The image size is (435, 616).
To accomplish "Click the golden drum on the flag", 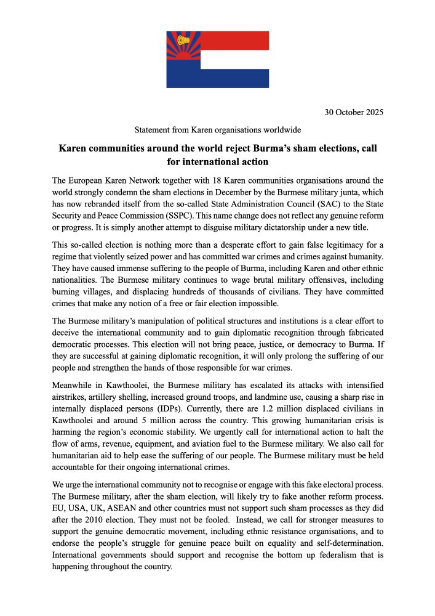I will point(183,41).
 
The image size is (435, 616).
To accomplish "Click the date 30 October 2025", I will point(354,112).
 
